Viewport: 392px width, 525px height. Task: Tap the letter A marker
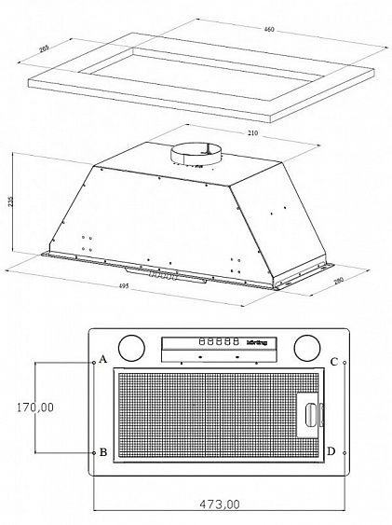(x=103, y=360)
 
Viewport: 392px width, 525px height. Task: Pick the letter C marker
(x=332, y=361)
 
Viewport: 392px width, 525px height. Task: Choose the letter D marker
(x=332, y=451)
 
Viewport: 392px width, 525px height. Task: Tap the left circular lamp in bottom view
(x=132, y=349)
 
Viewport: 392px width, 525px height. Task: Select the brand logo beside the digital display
(x=257, y=342)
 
